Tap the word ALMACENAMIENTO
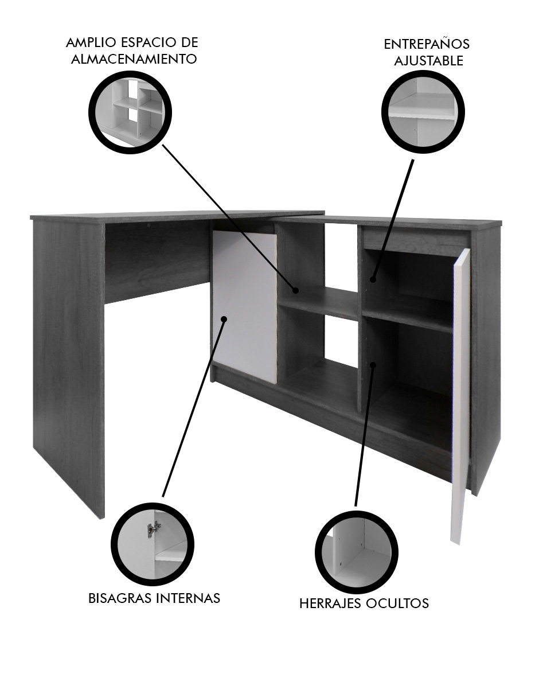click(134, 59)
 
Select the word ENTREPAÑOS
click(427, 44)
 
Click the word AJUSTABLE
click(429, 61)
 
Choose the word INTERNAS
click(188, 598)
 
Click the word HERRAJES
click(330, 603)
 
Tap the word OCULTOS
click(397, 603)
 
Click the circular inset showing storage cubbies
click(130, 112)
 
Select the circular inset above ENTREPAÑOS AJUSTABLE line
click(423, 112)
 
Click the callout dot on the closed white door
click(224, 319)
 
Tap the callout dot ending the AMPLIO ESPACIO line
click(296, 291)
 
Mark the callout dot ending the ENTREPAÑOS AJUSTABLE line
click(373, 279)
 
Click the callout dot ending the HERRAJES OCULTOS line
click(373, 364)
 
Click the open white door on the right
click(460, 396)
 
